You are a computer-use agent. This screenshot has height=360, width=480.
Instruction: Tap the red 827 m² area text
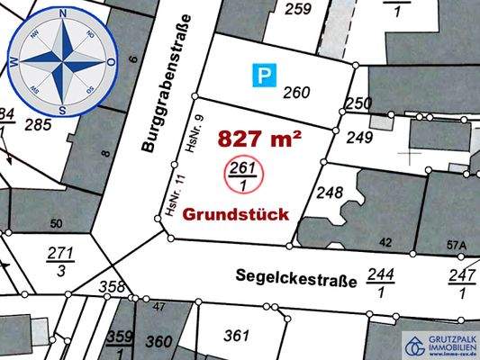pos(258,139)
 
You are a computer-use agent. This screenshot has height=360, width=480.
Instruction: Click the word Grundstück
pos(236,215)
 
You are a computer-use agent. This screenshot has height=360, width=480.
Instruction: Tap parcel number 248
pos(331,193)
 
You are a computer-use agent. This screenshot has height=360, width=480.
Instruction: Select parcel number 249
pos(358,138)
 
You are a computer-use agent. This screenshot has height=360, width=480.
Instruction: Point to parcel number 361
pos(236,337)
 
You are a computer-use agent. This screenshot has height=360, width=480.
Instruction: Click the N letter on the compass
pos(62,14)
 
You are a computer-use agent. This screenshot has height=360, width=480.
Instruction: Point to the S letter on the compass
pos(62,111)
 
